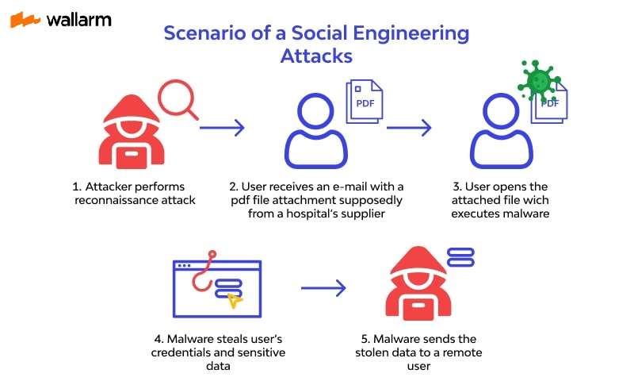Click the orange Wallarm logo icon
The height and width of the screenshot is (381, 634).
point(25,20)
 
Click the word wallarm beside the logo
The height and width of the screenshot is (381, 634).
point(78,19)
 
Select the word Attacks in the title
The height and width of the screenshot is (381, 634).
point(316,56)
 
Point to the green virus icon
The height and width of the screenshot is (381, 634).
point(540,80)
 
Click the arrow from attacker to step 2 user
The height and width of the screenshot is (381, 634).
point(221,127)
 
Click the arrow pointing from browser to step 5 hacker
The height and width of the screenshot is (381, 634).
point(323,289)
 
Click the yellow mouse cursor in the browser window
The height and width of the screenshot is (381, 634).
point(233,300)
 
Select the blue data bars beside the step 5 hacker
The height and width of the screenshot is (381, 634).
point(460,256)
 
